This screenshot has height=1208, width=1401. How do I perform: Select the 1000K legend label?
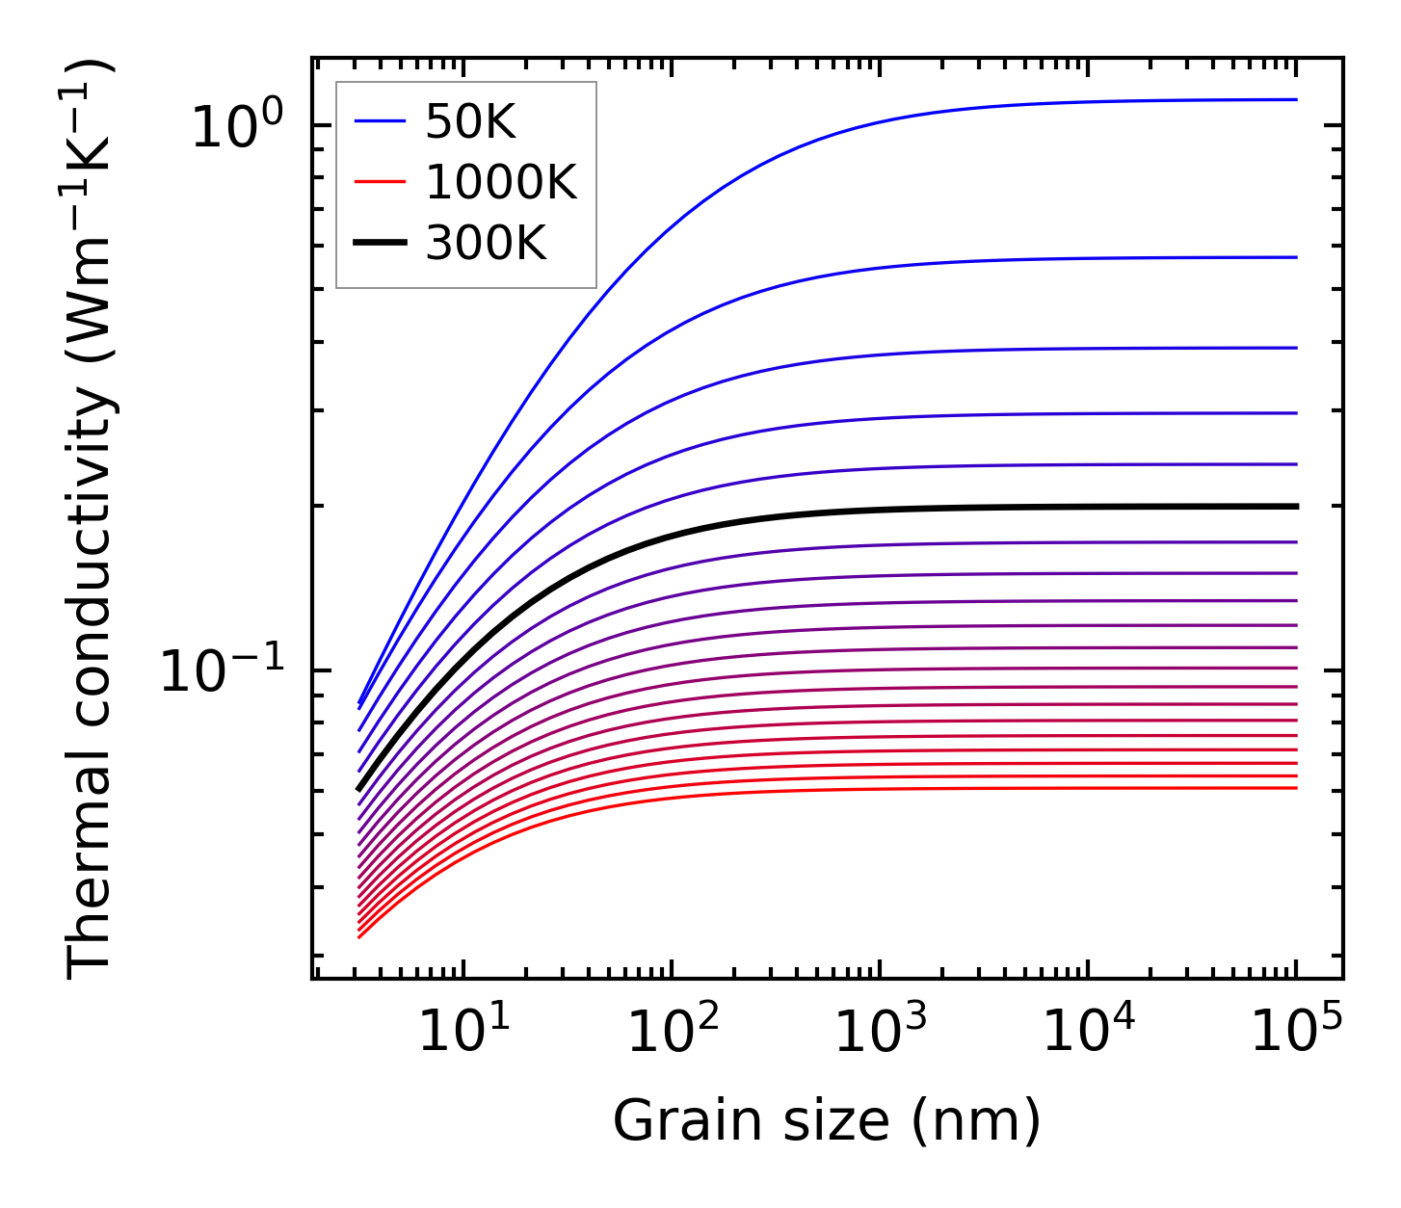[500, 182]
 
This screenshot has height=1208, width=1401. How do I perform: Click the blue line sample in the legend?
[379, 121]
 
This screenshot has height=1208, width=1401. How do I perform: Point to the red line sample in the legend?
[379, 183]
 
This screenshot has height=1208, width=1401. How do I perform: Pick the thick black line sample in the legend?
[379, 244]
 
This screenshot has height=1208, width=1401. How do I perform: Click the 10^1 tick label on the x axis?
[463, 1035]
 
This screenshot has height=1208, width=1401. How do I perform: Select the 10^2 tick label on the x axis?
[673, 1035]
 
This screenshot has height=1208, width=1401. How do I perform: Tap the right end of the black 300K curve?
[1295, 506]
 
